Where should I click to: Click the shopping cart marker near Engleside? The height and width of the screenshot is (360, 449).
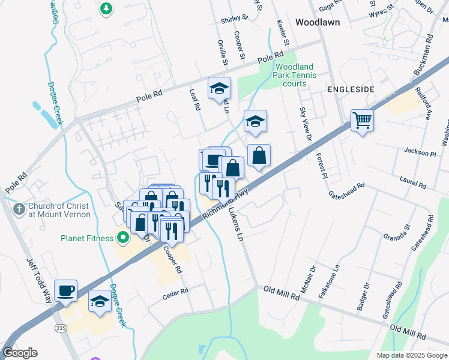[362, 121]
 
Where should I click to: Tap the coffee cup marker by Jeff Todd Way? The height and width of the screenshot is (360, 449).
[65, 291]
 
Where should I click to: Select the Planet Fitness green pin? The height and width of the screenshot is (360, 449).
[124, 238]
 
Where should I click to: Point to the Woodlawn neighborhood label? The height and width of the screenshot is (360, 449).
[318, 22]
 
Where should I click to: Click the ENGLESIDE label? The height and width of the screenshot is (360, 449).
[351, 89]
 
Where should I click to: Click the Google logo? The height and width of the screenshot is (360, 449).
[20, 353]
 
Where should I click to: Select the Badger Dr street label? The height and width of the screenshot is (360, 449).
[362, 296]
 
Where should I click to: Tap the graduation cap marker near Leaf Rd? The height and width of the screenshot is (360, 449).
[219, 88]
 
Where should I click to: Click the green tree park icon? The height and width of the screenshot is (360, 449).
[106, 8]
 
